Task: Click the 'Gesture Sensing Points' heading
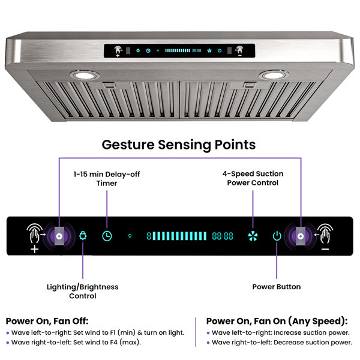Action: [x=179, y=145]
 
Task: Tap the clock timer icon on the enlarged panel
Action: [x=107, y=236]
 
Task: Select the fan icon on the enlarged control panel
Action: [x=253, y=236]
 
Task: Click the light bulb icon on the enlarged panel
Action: [x=83, y=236]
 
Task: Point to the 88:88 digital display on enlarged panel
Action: [x=223, y=236]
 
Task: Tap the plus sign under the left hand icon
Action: [x=34, y=249]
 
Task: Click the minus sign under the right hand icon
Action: [x=325, y=250]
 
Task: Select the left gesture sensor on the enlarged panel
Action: [x=59, y=236]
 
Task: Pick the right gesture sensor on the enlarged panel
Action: [x=301, y=236]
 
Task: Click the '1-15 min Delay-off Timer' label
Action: [x=107, y=179]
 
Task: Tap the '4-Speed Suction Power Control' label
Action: [x=253, y=178]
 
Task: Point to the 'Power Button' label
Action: [x=277, y=287]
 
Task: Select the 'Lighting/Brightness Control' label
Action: [x=83, y=292]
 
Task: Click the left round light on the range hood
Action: [x=85, y=75]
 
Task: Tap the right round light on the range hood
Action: [x=274, y=75]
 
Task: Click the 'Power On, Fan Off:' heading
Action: [x=47, y=321]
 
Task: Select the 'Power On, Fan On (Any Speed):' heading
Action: [x=277, y=321]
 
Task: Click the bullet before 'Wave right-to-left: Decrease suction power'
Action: [x=208, y=343]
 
